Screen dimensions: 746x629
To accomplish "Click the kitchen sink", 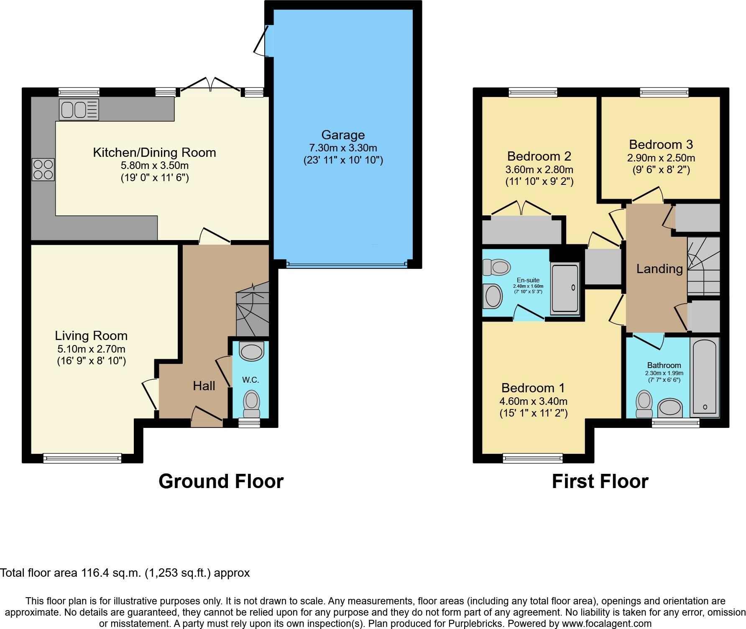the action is click(x=79, y=110).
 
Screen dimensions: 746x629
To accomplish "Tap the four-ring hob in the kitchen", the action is click(x=43, y=169).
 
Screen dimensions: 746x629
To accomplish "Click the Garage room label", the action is click(x=343, y=135).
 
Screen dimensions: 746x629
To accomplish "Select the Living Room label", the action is click(x=91, y=335).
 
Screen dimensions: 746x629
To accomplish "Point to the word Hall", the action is click(x=204, y=386).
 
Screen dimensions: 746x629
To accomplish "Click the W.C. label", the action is click(x=251, y=380).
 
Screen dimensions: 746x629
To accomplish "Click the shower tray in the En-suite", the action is click(x=565, y=289).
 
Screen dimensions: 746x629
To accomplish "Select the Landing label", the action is click(x=659, y=268).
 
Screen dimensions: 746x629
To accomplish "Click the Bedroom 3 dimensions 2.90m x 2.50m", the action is click(x=661, y=158).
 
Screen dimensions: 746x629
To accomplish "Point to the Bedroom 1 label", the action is click(x=533, y=388).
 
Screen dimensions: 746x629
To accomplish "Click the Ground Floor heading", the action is click(x=221, y=481).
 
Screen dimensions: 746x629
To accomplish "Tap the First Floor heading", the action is click(x=600, y=481).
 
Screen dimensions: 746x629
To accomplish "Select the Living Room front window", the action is click(x=82, y=458).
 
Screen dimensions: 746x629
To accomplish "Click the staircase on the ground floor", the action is click(x=253, y=309).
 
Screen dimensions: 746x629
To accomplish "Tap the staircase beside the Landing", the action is click(x=704, y=266).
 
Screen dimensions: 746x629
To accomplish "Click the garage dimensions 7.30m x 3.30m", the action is click(x=343, y=148).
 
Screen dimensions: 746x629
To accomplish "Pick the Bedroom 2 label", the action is click(x=539, y=156).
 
